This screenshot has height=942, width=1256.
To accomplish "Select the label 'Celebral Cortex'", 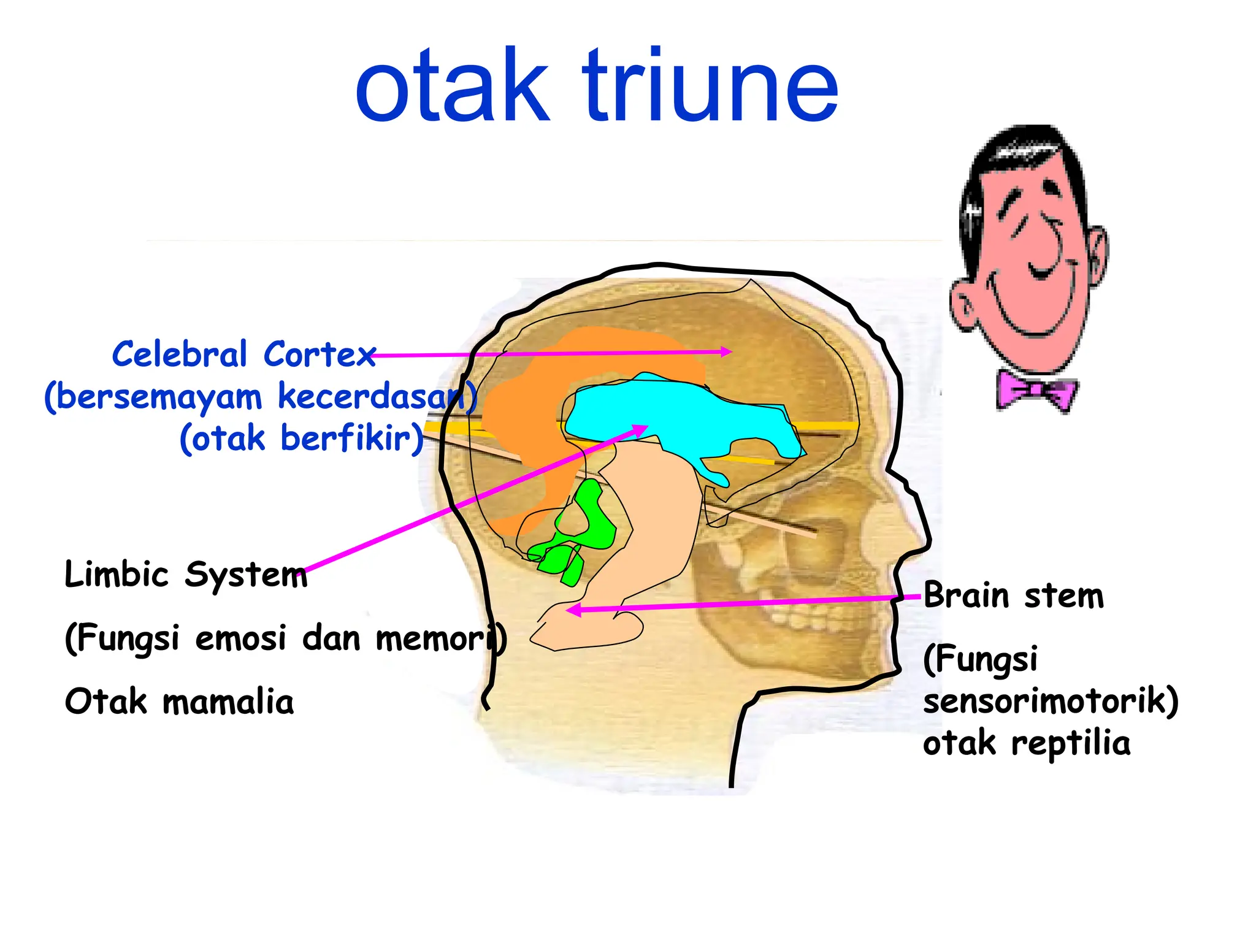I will point(243,354).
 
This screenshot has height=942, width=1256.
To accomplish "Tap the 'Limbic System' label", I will point(185,575).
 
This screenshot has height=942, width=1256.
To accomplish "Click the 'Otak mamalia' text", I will point(179,702).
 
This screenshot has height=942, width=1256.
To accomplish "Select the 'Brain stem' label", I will point(1013,595).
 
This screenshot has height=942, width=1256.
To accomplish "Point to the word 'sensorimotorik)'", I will point(1050,700).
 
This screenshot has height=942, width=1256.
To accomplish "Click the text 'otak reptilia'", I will point(1026,743).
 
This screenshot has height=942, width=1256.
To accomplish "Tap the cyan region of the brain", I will point(675,411).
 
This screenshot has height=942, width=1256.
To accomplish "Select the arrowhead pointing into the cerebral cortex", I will point(727,352).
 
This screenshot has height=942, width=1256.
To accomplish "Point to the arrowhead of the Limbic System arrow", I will point(640,430).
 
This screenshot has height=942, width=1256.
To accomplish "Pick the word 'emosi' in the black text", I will point(240,638).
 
